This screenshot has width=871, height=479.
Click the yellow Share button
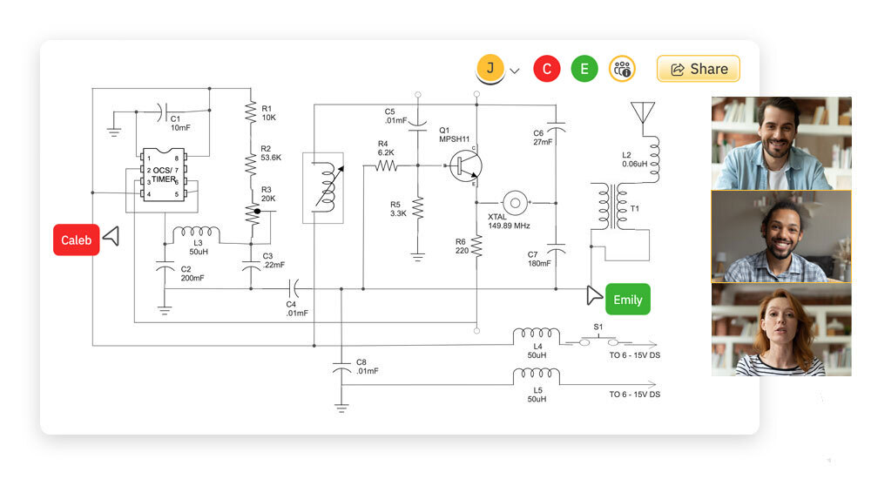click(698, 69)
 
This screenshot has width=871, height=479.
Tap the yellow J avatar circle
click(490, 69)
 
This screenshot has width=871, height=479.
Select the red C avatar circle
click(546, 69)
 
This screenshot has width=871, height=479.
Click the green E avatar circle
click(584, 69)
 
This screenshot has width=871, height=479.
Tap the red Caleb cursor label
click(77, 240)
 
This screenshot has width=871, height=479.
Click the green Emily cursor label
click(627, 300)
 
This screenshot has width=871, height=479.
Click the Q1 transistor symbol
click(465, 165)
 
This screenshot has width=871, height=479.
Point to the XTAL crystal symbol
click(515, 203)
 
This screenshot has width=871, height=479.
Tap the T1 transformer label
click(634, 209)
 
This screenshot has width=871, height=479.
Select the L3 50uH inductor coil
click(196, 234)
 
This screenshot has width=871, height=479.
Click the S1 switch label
click(598, 327)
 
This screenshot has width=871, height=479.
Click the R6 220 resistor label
click(462, 246)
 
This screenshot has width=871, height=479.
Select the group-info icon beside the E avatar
click(622, 69)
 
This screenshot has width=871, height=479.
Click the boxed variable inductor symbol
click(322, 187)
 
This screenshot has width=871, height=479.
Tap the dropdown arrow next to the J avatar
click(515, 71)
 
